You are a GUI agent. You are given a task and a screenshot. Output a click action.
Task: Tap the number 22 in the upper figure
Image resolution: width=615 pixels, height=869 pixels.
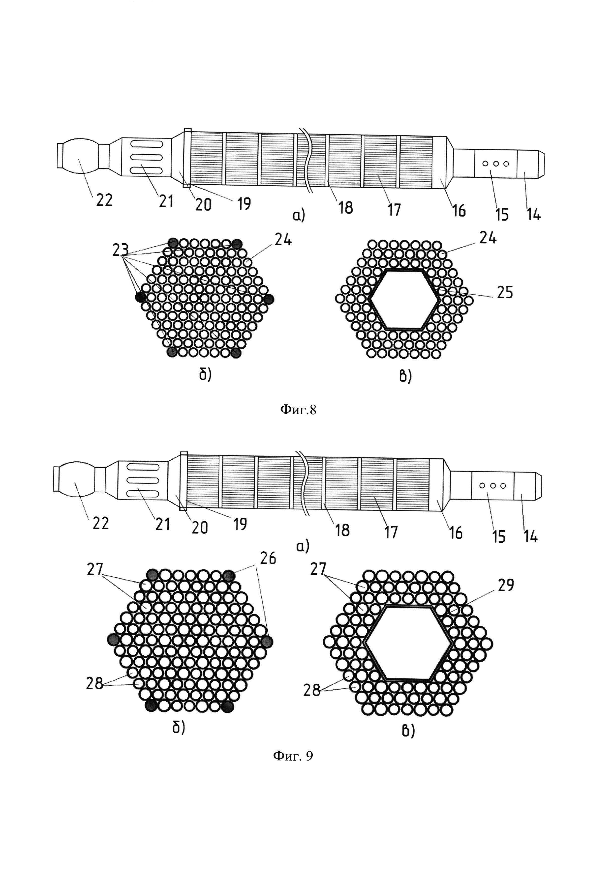click(104, 200)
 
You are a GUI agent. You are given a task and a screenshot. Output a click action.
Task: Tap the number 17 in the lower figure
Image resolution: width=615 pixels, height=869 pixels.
click(391, 532)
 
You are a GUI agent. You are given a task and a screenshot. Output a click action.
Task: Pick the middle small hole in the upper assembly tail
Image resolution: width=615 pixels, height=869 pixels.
click(495, 164)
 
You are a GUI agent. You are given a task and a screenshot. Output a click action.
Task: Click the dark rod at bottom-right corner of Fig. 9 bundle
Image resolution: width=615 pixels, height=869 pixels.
click(227, 706)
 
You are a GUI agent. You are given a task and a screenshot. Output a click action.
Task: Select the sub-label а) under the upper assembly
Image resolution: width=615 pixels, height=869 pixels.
click(298, 216)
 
